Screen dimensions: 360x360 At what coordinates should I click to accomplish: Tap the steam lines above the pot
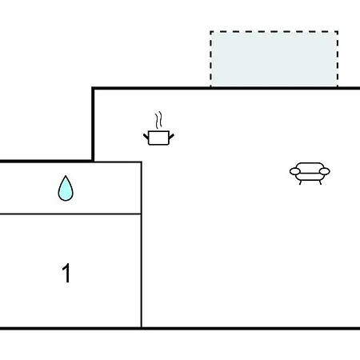158,120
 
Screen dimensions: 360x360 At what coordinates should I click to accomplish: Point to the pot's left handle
146,137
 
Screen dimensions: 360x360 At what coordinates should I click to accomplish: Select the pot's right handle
171,137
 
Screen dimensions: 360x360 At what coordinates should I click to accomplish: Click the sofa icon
310,174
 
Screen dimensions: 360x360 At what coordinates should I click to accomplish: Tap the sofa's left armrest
295,171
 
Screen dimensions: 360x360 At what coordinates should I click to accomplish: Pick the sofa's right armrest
325,171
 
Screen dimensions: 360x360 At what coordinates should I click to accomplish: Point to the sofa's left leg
300,182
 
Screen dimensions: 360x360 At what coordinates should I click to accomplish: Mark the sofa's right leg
320,182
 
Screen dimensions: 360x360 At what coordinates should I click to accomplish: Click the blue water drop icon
66,188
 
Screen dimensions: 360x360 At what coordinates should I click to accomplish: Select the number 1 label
66,273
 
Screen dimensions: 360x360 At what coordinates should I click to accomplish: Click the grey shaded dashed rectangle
274,59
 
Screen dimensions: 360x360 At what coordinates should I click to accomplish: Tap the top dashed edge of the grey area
274,32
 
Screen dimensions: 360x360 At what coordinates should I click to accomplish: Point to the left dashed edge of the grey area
210,59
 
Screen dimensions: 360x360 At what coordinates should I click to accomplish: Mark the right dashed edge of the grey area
338,59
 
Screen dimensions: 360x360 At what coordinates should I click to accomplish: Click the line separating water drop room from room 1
70,214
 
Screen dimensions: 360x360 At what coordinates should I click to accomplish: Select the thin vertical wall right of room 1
142,245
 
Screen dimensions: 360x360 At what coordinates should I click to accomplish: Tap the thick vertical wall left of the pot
93,124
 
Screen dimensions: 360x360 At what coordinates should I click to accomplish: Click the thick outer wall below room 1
70,329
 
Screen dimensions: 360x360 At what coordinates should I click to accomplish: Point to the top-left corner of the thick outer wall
93,88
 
